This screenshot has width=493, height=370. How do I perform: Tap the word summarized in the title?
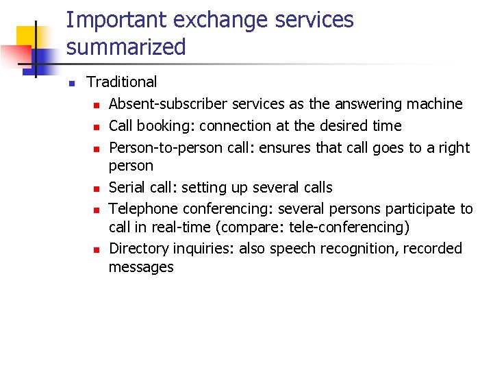click(126, 47)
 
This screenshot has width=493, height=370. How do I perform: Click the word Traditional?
click(121, 82)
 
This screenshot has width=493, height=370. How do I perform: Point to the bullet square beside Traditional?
click(70, 83)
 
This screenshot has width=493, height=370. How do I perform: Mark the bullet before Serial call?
click(97, 188)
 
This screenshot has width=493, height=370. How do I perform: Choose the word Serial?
click(127, 188)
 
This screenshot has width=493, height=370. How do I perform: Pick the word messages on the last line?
click(141, 267)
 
